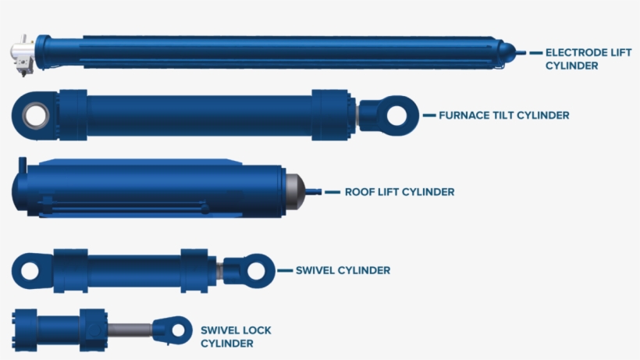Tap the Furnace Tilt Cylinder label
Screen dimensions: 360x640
coord(503,115)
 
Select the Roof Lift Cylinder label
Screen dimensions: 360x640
coord(399,191)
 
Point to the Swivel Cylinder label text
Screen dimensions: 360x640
coord(343,270)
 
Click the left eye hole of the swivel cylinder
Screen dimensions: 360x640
coord(30,271)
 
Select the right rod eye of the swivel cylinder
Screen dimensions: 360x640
coord(254,269)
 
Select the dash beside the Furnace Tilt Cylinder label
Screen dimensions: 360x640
coord(429,115)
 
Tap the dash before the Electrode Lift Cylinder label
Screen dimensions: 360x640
coord(535,52)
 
